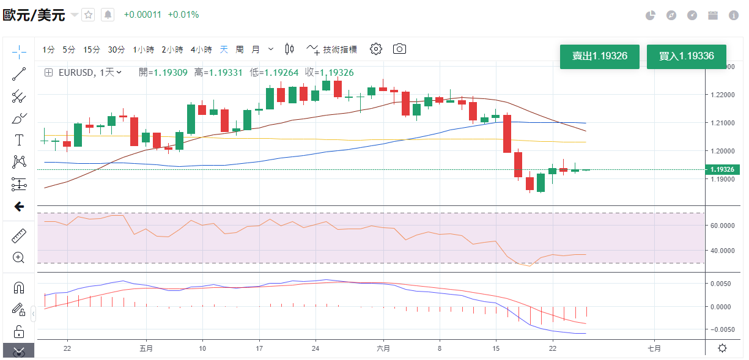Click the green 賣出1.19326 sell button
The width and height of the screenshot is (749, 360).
[599, 56]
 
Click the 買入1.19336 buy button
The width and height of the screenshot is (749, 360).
[686, 56]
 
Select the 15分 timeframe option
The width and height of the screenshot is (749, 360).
[92, 50]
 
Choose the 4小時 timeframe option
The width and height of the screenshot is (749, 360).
[201, 50]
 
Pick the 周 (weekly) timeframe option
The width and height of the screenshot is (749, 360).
[240, 50]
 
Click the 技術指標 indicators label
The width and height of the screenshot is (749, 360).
[340, 50]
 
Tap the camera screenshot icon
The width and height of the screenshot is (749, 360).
[399, 49]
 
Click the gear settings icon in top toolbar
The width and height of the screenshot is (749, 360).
[376, 49]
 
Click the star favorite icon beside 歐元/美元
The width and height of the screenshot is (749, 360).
[89, 15]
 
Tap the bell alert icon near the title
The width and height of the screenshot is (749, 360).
[108, 15]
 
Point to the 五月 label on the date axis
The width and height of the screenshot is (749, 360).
[146, 348]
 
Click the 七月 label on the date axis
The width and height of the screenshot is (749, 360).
[654, 348]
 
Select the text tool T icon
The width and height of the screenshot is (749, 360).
[19, 140]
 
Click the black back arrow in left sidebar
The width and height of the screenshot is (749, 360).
[19, 207]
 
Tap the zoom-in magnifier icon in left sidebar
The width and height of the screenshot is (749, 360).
[19, 257]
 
